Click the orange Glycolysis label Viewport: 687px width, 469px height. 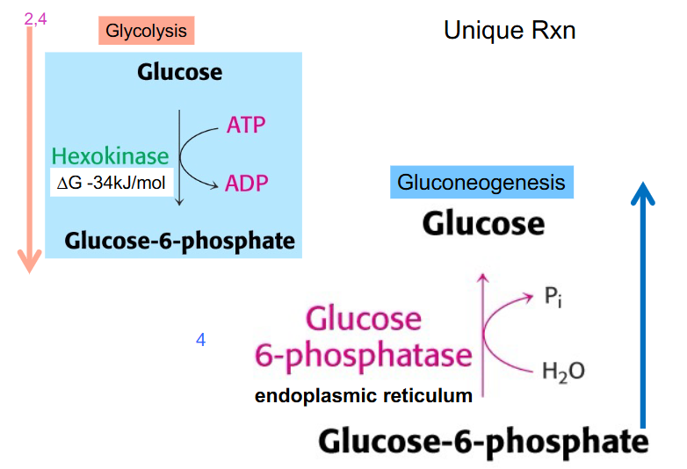[x=146, y=32]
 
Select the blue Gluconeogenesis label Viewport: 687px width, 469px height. [x=481, y=183]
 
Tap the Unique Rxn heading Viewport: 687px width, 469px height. [x=510, y=32]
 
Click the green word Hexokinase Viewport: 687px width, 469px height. [x=110, y=156]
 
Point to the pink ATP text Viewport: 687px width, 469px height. [x=245, y=125]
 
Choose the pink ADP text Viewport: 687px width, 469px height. [x=246, y=184]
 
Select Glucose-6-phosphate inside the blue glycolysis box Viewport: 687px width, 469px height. [x=179, y=240]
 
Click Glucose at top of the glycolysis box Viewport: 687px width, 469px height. [x=179, y=72]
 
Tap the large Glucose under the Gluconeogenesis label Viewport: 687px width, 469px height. [x=483, y=223]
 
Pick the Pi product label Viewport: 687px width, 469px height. [x=552, y=298]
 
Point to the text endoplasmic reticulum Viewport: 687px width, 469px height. [x=363, y=396]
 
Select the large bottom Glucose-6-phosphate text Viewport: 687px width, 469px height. [x=483, y=441]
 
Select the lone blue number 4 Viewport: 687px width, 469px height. [x=200, y=340]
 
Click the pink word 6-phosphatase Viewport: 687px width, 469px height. [x=363, y=356]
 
